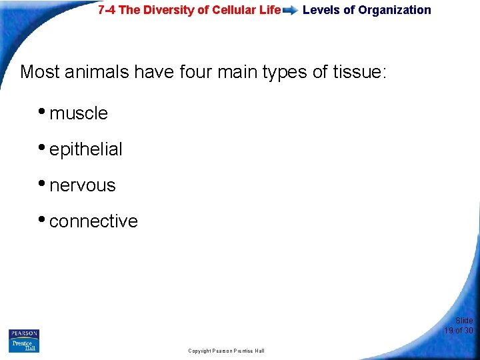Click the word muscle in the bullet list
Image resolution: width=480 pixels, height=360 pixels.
79,114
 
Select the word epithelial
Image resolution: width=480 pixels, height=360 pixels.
86,150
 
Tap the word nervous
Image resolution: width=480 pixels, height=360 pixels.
83,185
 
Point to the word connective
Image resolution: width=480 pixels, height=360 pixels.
93,221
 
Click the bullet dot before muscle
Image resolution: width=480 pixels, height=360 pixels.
43,112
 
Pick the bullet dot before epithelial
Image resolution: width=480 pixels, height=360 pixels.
43,148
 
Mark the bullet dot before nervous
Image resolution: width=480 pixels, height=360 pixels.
43,184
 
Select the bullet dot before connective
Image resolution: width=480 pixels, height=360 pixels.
43,220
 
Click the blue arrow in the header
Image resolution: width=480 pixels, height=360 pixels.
291,11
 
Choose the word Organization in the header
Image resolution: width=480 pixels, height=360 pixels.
395,10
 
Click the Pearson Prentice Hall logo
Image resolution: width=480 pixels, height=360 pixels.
24,341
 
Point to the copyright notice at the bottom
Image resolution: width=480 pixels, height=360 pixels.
226,351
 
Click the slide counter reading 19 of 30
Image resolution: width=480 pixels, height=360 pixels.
459,330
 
